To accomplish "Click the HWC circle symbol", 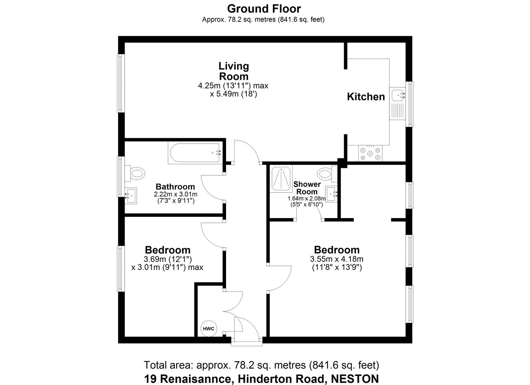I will (x=208, y=329).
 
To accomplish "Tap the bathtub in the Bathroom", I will (x=195, y=153).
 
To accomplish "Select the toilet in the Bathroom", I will (x=136, y=174).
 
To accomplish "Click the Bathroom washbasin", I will (x=131, y=196).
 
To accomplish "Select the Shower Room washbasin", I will (x=333, y=194).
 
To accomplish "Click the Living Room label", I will (x=233, y=71).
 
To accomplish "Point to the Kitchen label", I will (x=366, y=97).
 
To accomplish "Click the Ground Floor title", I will (x=264, y=9).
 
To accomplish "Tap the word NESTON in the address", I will (x=355, y=379).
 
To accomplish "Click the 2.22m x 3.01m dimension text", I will (x=176, y=194).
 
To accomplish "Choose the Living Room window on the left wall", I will (x=121, y=83).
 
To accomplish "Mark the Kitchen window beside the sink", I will (x=410, y=104).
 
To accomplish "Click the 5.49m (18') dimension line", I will (x=233, y=94).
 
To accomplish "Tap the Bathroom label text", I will (x=175, y=186).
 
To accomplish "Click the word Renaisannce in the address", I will (x=187, y=379).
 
